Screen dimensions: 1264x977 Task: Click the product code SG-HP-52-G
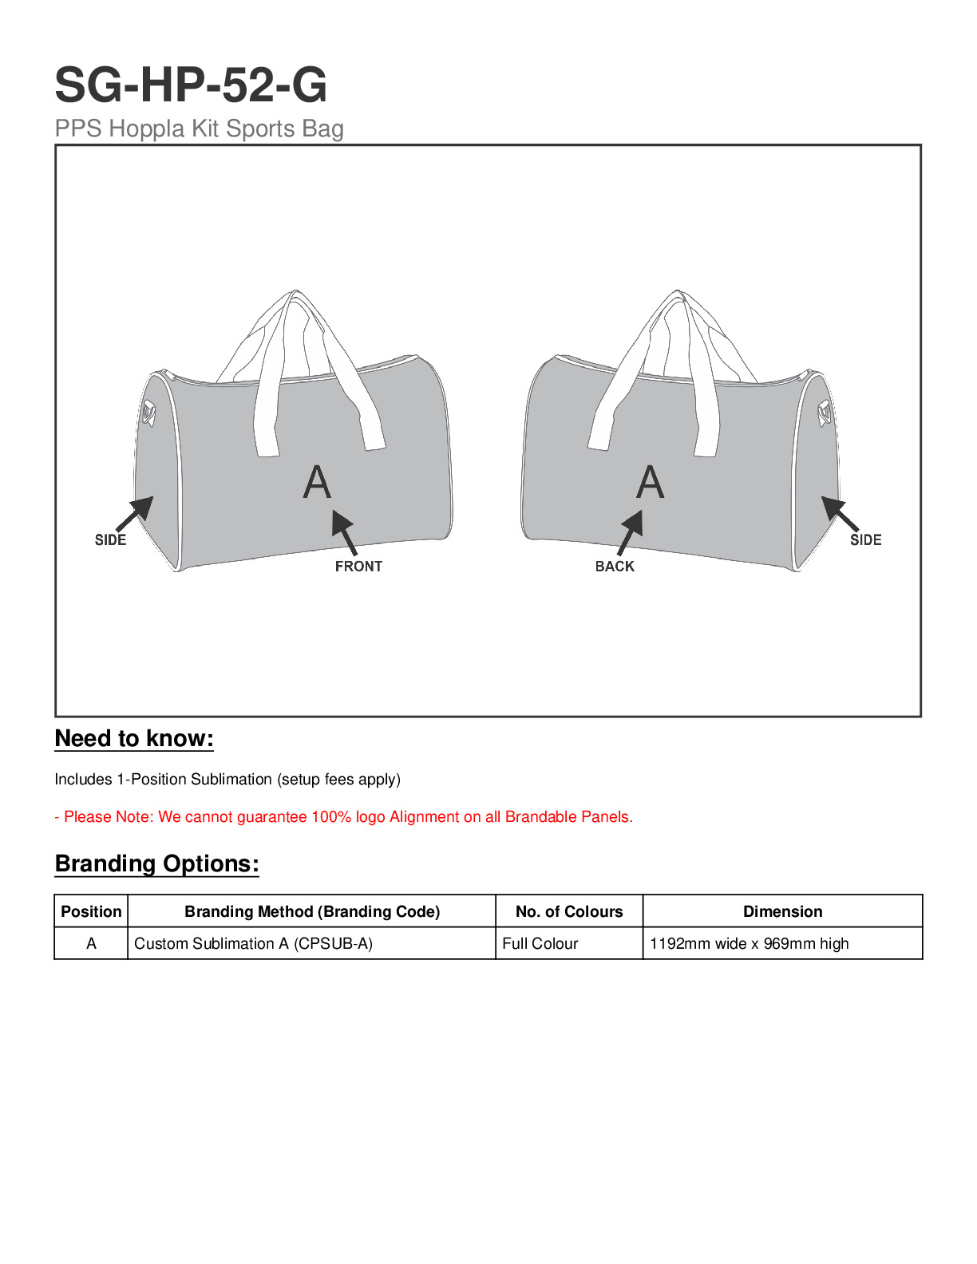click(191, 85)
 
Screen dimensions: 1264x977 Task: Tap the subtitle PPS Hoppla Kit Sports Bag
click(199, 128)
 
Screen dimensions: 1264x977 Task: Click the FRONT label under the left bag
click(358, 567)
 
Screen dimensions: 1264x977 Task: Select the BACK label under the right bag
click(615, 567)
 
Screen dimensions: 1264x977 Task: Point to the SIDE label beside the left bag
click(110, 540)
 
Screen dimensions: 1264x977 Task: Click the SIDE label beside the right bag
click(865, 540)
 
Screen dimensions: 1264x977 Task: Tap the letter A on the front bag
click(317, 482)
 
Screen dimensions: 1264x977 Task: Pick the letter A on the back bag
click(651, 482)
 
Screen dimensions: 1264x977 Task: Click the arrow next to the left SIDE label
click(136, 513)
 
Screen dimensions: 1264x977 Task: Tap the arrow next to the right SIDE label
click(840, 513)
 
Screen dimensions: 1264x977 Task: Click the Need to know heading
click(134, 739)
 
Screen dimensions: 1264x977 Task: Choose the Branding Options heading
click(157, 864)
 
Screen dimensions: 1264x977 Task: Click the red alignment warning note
click(343, 817)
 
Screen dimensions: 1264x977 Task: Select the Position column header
click(91, 911)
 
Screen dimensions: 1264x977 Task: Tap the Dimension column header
click(782, 911)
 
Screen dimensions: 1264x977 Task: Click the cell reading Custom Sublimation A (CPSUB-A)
click(253, 943)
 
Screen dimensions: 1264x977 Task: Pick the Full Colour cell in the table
click(540, 943)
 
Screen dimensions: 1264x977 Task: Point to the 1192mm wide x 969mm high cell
click(749, 943)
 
